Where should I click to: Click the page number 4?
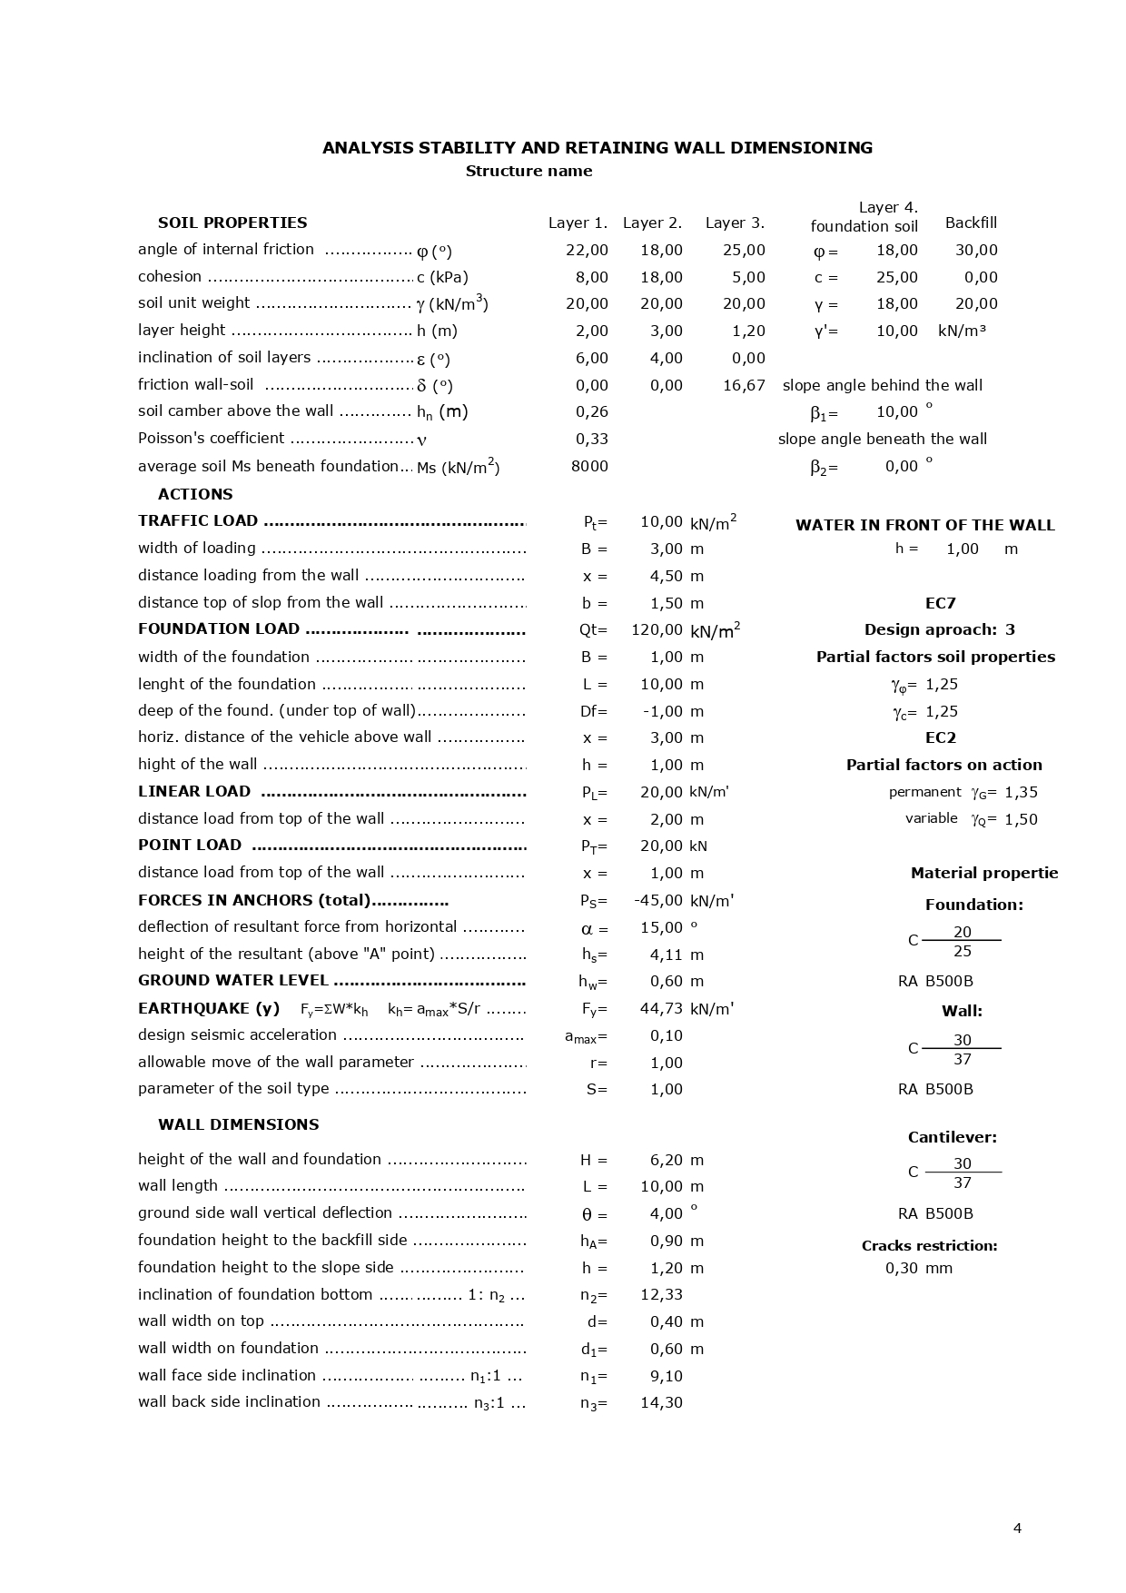[x=1017, y=1529]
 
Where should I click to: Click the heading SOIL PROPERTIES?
[x=232, y=223]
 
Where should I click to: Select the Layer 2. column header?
[x=652, y=223]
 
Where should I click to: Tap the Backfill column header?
[x=971, y=223]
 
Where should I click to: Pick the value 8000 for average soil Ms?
[x=589, y=466]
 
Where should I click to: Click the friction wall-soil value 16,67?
[x=744, y=385]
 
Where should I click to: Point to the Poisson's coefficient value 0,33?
[x=592, y=439]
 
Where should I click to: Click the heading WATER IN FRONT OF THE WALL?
[x=924, y=525]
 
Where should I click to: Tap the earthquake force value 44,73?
[x=661, y=1008]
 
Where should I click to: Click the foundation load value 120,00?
[x=657, y=629]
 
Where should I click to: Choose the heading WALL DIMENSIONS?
[x=238, y=1124]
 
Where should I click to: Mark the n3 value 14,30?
[x=661, y=1402]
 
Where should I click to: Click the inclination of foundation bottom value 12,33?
[x=661, y=1294]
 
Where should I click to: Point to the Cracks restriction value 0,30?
[x=901, y=1268]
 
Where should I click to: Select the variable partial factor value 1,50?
[x=1021, y=819]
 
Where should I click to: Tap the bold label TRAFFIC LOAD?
[x=198, y=520]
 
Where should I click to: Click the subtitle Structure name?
[x=528, y=171]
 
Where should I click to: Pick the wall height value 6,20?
[x=666, y=1160]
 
